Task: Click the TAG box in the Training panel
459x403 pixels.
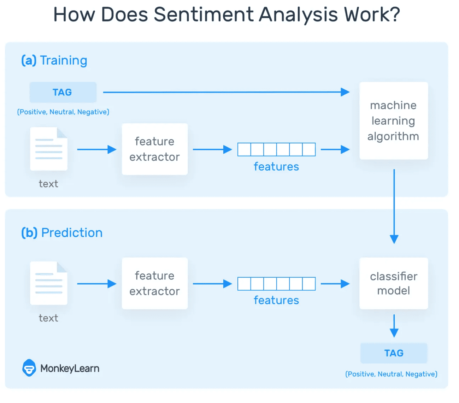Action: [x=63, y=92]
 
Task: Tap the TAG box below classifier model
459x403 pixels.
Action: [x=394, y=353]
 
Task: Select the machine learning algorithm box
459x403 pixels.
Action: [x=394, y=121]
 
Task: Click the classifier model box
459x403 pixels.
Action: [x=394, y=283]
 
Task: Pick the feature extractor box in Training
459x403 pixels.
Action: [x=154, y=149]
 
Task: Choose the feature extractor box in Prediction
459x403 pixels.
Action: [x=154, y=283]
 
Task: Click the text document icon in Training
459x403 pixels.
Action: [x=49, y=149]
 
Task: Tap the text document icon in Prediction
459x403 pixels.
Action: [x=49, y=283]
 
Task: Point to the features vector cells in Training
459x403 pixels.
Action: [x=276, y=149]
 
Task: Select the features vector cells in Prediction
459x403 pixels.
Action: [x=276, y=284]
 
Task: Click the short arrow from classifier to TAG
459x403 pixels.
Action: [x=394, y=326]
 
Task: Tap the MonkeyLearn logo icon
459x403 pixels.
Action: [x=29, y=368]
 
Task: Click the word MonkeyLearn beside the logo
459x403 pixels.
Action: [x=70, y=368]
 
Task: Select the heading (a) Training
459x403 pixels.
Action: [x=54, y=60]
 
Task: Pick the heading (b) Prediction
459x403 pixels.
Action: [x=62, y=233]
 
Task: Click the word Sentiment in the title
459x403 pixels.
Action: [x=204, y=15]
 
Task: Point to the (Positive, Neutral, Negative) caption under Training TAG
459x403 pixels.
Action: [x=63, y=112]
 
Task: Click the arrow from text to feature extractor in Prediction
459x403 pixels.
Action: [x=96, y=284]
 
